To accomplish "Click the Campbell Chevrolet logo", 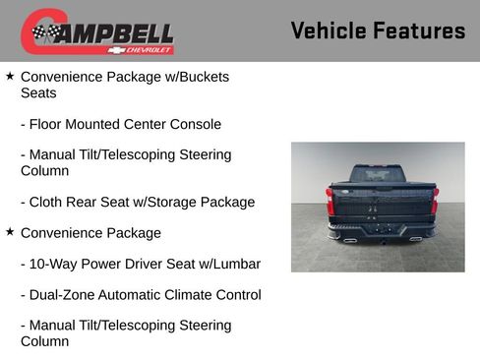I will coord(97,31).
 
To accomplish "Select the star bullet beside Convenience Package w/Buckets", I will coord(10,76).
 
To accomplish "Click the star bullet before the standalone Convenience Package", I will coord(10,232).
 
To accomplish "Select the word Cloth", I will coord(48,202).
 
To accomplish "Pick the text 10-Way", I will coord(55,264).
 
